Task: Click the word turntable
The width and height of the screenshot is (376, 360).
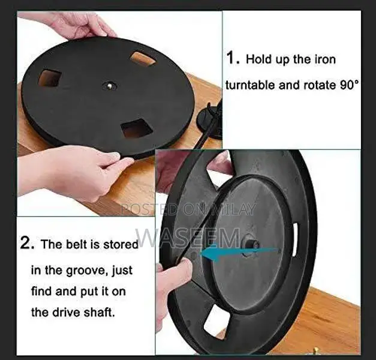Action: (x=251, y=85)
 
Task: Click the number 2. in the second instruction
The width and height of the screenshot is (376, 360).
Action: (x=27, y=244)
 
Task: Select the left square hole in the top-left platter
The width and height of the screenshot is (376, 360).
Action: (x=49, y=78)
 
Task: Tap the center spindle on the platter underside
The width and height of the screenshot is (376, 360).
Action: (x=251, y=245)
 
